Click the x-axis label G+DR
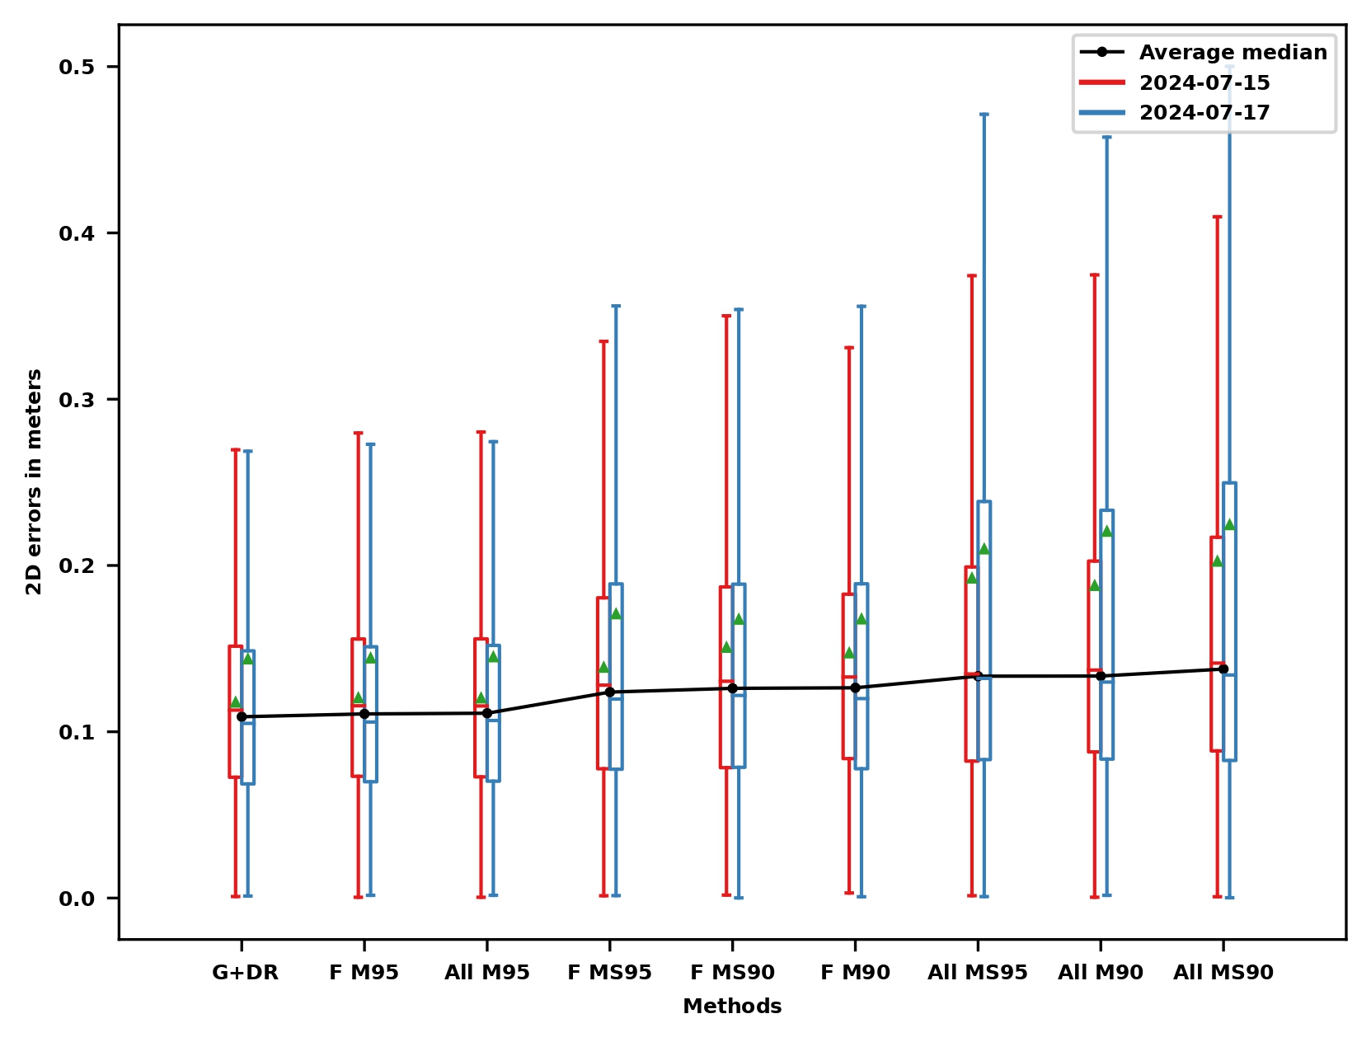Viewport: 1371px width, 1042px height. point(245,973)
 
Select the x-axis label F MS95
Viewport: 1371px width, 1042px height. point(609,973)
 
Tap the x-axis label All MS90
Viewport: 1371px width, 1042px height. point(1223,973)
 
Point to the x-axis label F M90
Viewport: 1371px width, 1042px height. point(855,973)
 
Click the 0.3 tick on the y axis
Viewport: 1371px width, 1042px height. point(77,400)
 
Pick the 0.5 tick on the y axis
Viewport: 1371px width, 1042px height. point(77,67)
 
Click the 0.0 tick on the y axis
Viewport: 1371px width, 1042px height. point(77,899)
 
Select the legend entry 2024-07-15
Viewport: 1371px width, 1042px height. point(1204,82)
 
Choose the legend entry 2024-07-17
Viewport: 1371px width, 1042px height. point(1204,113)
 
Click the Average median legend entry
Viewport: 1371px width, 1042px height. point(1232,52)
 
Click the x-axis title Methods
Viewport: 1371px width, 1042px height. point(732,1007)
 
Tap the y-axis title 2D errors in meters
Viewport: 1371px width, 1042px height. point(34,481)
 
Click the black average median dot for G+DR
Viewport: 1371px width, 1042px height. point(242,717)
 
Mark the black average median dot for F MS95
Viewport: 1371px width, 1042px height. point(610,692)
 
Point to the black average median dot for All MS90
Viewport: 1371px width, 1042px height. point(1223,669)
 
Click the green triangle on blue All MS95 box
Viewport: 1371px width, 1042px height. point(984,548)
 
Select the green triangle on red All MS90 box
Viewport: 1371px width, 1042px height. point(1217,561)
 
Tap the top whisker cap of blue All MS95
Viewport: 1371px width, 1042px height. point(984,115)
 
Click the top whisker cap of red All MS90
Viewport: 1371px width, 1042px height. point(1217,217)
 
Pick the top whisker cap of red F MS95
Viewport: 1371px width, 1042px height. point(603,341)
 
